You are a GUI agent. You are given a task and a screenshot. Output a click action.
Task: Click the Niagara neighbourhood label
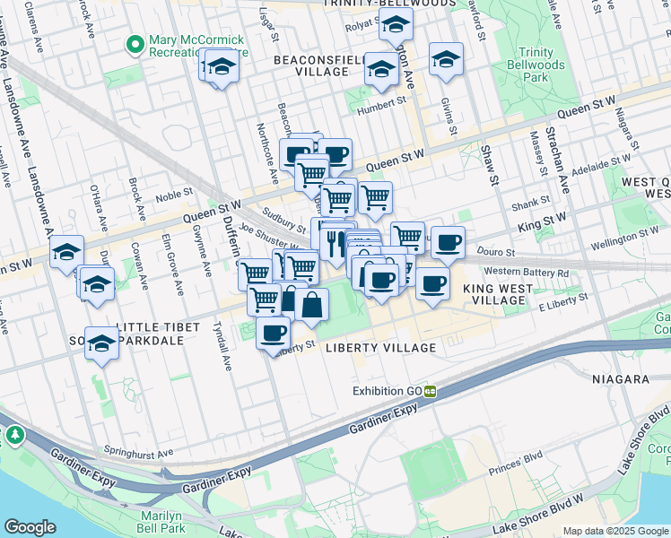click(620, 379)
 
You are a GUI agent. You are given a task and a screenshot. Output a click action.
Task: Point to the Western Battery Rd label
click(526, 272)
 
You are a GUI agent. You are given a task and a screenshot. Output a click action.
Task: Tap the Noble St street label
click(175, 192)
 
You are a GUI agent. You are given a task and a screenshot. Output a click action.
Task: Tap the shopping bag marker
click(311, 304)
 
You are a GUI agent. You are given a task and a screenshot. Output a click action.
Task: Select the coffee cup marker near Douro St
click(448, 241)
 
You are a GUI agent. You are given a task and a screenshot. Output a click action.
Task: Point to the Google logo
click(30, 527)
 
